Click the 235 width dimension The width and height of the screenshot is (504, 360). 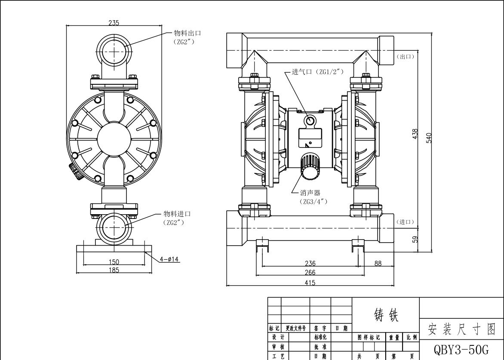(114, 22)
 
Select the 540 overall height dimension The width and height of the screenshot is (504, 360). (429, 138)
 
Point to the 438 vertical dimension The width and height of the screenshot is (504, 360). (415, 134)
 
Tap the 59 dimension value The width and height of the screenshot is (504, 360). (415, 240)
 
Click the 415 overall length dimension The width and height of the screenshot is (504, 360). (310, 283)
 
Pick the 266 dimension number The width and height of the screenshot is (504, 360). (310, 273)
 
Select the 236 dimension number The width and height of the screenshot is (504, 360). (310, 264)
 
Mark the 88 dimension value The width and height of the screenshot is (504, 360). (378, 264)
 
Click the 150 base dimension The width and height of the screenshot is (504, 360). (114, 262)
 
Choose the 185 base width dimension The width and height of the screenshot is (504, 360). (114, 270)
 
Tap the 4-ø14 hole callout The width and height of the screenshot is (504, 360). (169, 259)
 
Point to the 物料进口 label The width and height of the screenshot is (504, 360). (177, 214)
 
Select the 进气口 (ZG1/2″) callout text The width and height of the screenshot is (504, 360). (317, 72)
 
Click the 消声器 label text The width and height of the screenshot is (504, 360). (310, 193)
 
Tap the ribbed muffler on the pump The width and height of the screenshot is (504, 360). (310, 166)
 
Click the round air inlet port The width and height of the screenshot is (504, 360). (310, 121)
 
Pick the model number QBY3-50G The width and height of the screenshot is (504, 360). (461, 349)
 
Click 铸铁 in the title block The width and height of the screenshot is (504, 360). (386, 315)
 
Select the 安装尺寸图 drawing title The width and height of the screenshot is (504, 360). (461, 329)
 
